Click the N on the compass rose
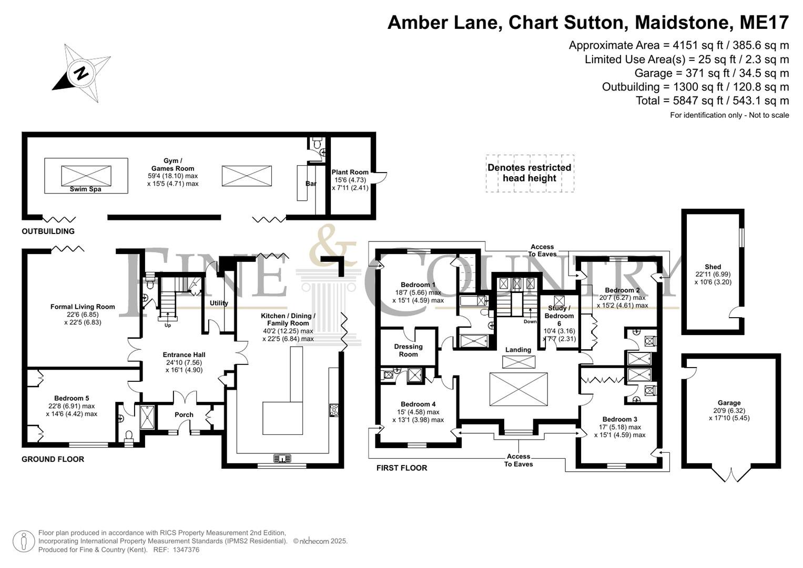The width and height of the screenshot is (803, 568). pyautogui.click(x=82, y=73)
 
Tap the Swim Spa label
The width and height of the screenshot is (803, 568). pyautogui.click(x=85, y=189)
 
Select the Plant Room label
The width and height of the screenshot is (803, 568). pyautogui.click(x=350, y=172)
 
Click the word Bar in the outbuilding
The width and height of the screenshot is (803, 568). pyautogui.click(x=311, y=184)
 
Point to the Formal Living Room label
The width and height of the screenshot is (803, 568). pyautogui.click(x=83, y=307)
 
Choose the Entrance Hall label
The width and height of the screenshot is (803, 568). pyautogui.click(x=184, y=354)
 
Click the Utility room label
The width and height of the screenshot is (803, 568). pyautogui.click(x=219, y=303)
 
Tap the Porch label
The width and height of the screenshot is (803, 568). pyautogui.click(x=184, y=414)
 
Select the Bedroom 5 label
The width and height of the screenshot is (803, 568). pyautogui.click(x=72, y=398)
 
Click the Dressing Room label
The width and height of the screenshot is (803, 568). pyautogui.click(x=408, y=350)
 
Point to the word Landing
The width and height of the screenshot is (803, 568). pyautogui.click(x=518, y=350)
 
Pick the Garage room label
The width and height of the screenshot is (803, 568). pyautogui.click(x=729, y=403)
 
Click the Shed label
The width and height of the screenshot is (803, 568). pyautogui.click(x=713, y=267)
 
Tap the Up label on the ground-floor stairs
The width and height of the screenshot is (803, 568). pyautogui.click(x=167, y=326)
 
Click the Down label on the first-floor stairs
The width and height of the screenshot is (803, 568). pyautogui.click(x=530, y=322)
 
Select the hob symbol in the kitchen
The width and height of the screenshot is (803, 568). pyautogui.click(x=334, y=410)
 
